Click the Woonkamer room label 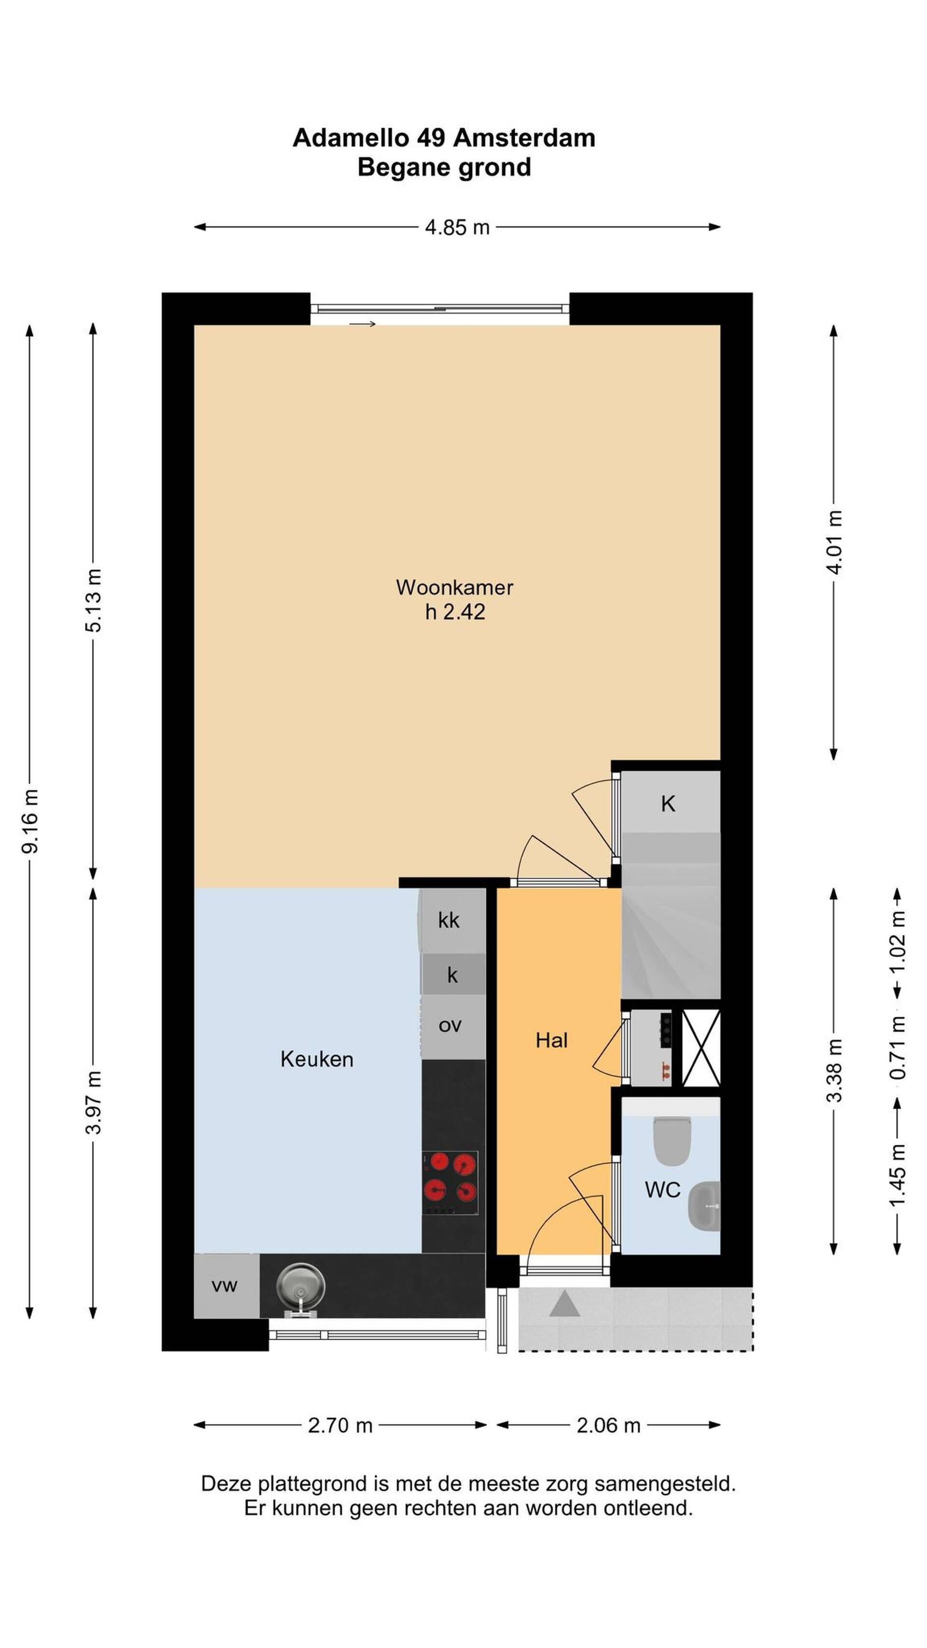click(454, 587)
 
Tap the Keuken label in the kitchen click(317, 1059)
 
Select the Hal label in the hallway click(551, 1040)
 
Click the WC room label click(662, 1190)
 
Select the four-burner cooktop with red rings click(450, 1183)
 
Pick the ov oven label click(450, 1026)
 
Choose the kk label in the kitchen click(449, 920)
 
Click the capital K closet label click(668, 804)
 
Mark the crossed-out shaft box click(701, 1047)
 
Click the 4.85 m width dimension click(457, 226)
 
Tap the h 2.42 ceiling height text click(455, 612)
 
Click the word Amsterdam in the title click(524, 138)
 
